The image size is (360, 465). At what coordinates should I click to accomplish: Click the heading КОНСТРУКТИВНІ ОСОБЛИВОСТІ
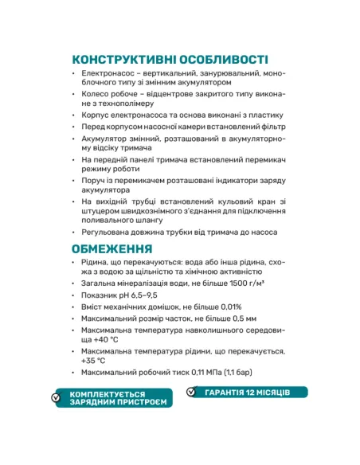(170, 60)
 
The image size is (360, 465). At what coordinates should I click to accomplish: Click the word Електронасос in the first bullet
(109, 73)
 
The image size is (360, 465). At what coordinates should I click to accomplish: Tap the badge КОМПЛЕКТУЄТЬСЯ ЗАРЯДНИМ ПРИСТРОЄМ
(117, 398)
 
